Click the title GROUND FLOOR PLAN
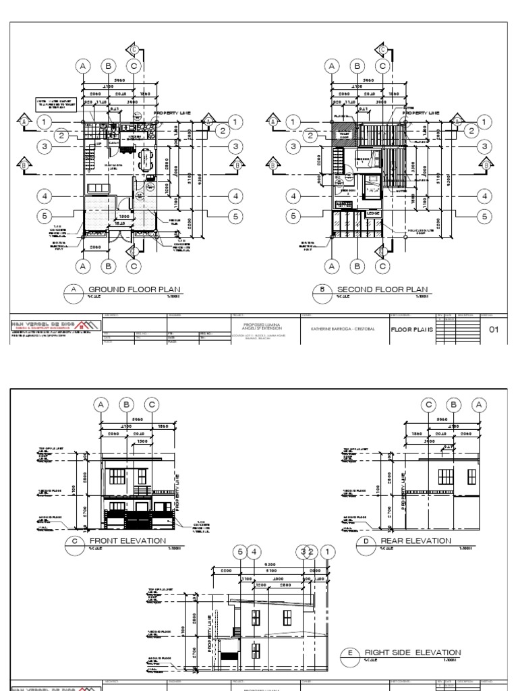[x=135, y=290]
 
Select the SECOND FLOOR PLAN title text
[x=382, y=290]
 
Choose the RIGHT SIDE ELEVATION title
[x=413, y=653]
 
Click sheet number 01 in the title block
[x=492, y=329]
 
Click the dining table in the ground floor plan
[x=146, y=161]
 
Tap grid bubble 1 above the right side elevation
[x=328, y=553]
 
